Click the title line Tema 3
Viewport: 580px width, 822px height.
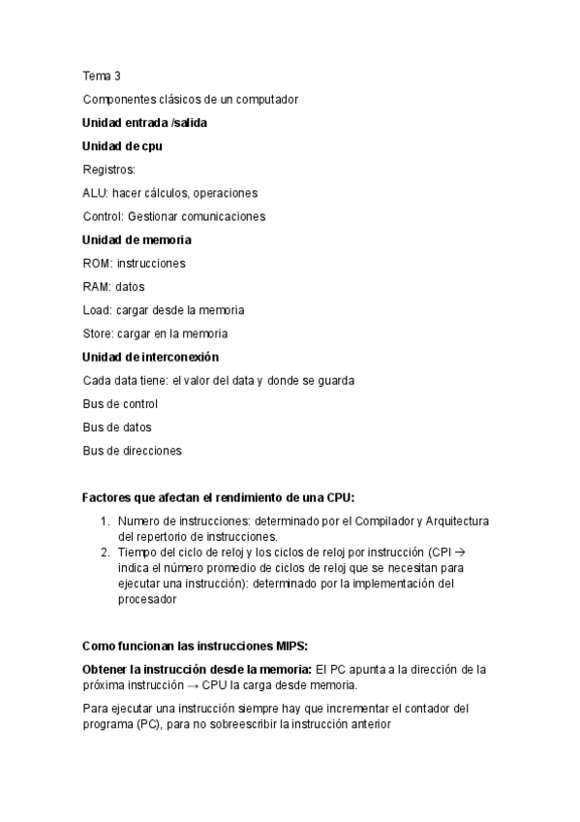pyautogui.click(x=101, y=76)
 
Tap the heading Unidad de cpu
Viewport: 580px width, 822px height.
pyautogui.click(x=122, y=146)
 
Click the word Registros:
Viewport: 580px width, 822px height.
pyautogui.click(x=109, y=170)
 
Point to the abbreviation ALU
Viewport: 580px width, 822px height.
pyautogui.click(x=95, y=193)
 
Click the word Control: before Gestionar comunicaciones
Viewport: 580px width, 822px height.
pyautogui.click(x=104, y=216)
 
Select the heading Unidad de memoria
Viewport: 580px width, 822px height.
pyautogui.click(x=137, y=239)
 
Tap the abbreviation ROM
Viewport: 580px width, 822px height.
pyautogui.click(x=97, y=263)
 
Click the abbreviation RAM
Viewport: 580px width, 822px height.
pyautogui.click(x=97, y=287)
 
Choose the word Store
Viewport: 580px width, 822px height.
pyautogui.click(x=98, y=333)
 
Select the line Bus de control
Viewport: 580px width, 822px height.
pyautogui.click(x=120, y=403)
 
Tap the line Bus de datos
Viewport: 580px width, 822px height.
pyautogui.click(x=117, y=427)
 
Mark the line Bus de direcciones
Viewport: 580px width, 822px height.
pyautogui.click(x=132, y=450)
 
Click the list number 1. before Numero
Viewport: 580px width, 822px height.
pyautogui.click(x=106, y=522)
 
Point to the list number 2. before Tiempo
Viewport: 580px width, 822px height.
pyautogui.click(x=106, y=553)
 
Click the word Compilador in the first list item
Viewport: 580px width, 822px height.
pyautogui.click(x=379, y=522)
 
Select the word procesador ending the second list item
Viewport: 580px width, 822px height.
pyautogui.click(x=148, y=600)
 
